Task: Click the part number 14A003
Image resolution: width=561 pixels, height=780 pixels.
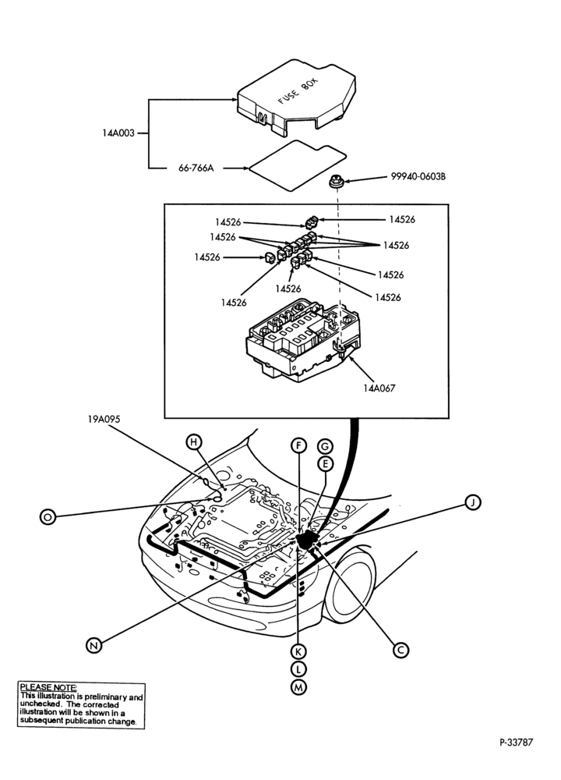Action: pyautogui.click(x=118, y=133)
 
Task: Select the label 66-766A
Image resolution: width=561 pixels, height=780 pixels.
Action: pyautogui.click(x=196, y=168)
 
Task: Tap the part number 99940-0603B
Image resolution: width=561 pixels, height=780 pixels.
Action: pyautogui.click(x=418, y=176)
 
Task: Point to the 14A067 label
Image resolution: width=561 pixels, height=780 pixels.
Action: pyautogui.click(x=379, y=388)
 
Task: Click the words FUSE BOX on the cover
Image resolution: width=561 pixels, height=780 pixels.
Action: pyautogui.click(x=298, y=90)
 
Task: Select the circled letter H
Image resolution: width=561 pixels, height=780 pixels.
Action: pyautogui.click(x=194, y=441)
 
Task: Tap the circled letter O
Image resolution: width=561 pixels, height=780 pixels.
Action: pyautogui.click(x=48, y=517)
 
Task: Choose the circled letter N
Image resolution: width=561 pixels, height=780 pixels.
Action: pyautogui.click(x=94, y=646)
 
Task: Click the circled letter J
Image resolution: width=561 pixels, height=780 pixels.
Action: pyautogui.click(x=474, y=502)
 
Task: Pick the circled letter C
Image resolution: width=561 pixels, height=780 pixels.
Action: pyautogui.click(x=401, y=650)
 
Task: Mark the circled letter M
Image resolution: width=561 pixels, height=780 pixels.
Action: pyautogui.click(x=298, y=687)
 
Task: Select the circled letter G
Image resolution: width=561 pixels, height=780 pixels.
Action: pyautogui.click(x=325, y=446)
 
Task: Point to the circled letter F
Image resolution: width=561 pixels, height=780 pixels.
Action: pyautogui.click(x=298, y=445)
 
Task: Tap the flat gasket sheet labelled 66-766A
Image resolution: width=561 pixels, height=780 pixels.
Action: pyautogui.click(x=297, y=165)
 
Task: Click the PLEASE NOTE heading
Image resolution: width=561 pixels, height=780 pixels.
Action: pyautogui.click(x=48, y=687)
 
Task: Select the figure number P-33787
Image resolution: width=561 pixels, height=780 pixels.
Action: pyautogui.click(x=516, y=743)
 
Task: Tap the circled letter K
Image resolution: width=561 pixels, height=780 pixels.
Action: pyautogui.click(x=298, y=651)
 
